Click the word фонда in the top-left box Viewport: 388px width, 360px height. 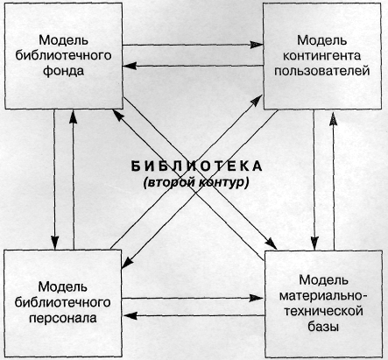pos(63,71)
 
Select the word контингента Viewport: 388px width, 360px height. pos(322,55)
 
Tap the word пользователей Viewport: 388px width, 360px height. pos(322,71)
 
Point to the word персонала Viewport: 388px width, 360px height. pos(63,318)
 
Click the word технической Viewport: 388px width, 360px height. pos(324,311)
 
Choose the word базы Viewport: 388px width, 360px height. pos(323,327)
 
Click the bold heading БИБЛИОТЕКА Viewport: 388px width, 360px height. pos(196,166)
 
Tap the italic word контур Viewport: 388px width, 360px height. pos(224,182)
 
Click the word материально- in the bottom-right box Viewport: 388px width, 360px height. pos(324,296)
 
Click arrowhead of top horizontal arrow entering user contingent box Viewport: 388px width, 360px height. pos(257,45)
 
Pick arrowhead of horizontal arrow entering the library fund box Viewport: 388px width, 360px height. pos(130,66)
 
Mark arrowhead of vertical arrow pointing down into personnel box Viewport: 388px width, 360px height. pos(54,243)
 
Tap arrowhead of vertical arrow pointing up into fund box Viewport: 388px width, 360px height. pos(73,116)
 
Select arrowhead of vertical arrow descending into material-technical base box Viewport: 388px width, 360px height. pos(314,244)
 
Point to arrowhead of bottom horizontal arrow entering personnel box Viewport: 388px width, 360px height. pos(130,315)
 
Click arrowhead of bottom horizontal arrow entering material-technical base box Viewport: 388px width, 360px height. pos(257,298)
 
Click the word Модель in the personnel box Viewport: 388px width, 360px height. pos(63,286)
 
